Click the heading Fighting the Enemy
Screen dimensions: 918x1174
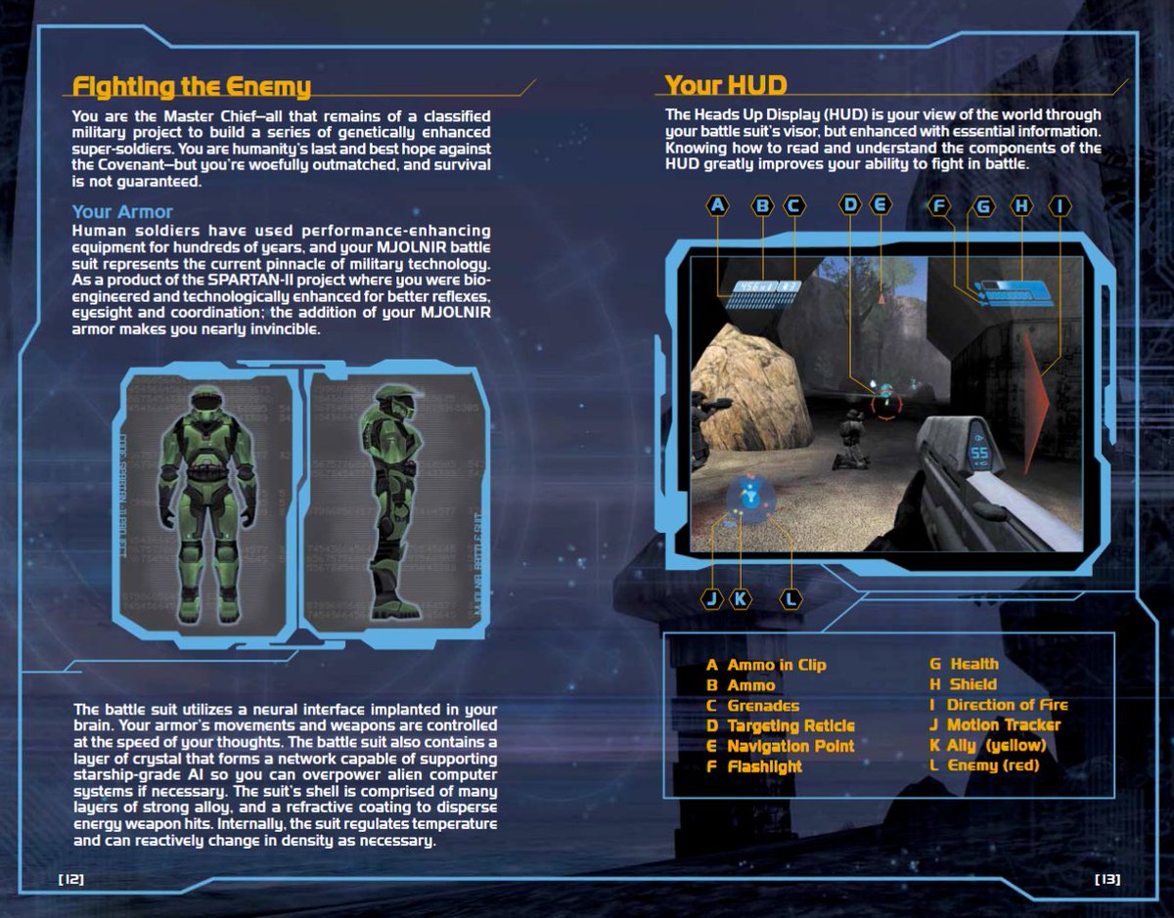point(192,87)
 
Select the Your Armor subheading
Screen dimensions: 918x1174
point(122,211)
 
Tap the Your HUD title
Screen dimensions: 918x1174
point(726,85)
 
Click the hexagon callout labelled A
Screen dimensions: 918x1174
point(719,205)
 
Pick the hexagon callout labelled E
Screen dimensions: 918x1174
point(880,205)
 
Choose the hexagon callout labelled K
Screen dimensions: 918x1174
point(742,598)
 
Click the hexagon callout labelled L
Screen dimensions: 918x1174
point(790,598)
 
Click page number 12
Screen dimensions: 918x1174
point(72,879)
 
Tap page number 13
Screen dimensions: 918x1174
point(1107,879)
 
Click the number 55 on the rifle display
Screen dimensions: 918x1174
point(979,453)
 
